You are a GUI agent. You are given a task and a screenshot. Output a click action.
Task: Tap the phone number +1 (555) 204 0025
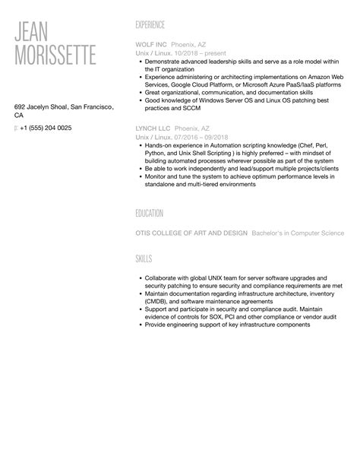46,128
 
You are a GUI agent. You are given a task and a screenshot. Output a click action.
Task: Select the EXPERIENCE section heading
150,24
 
